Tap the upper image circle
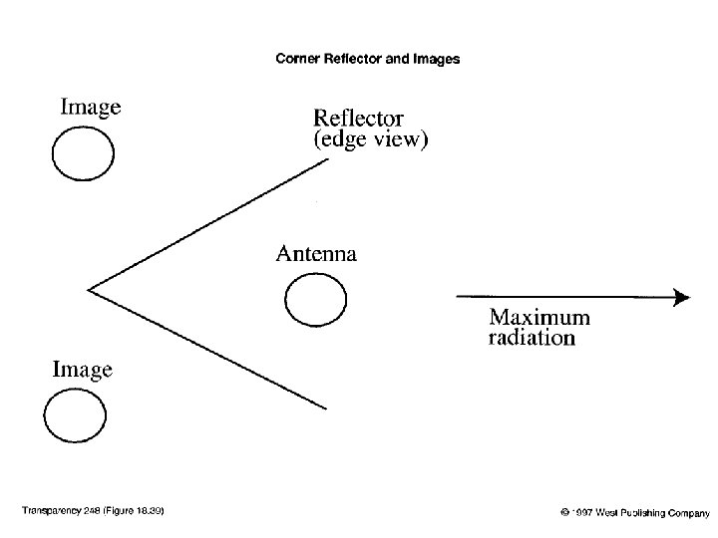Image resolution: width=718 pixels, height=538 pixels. pos(83,156)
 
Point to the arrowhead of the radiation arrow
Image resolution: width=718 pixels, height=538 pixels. pos(682,296)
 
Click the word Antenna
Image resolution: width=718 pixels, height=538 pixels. pos(315,253)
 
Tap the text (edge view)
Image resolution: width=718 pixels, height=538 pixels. pos(371,140)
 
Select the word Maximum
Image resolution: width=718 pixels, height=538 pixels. pos(538,318)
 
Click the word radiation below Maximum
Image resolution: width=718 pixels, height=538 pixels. pos(532,338)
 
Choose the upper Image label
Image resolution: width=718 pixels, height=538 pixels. pos(91,108)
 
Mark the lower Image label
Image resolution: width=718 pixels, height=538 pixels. pos(82,370)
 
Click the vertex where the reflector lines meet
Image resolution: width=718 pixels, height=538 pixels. pos(89,290)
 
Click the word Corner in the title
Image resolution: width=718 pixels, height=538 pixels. pos(295,59)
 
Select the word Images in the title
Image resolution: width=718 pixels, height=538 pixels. pos(438,59)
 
